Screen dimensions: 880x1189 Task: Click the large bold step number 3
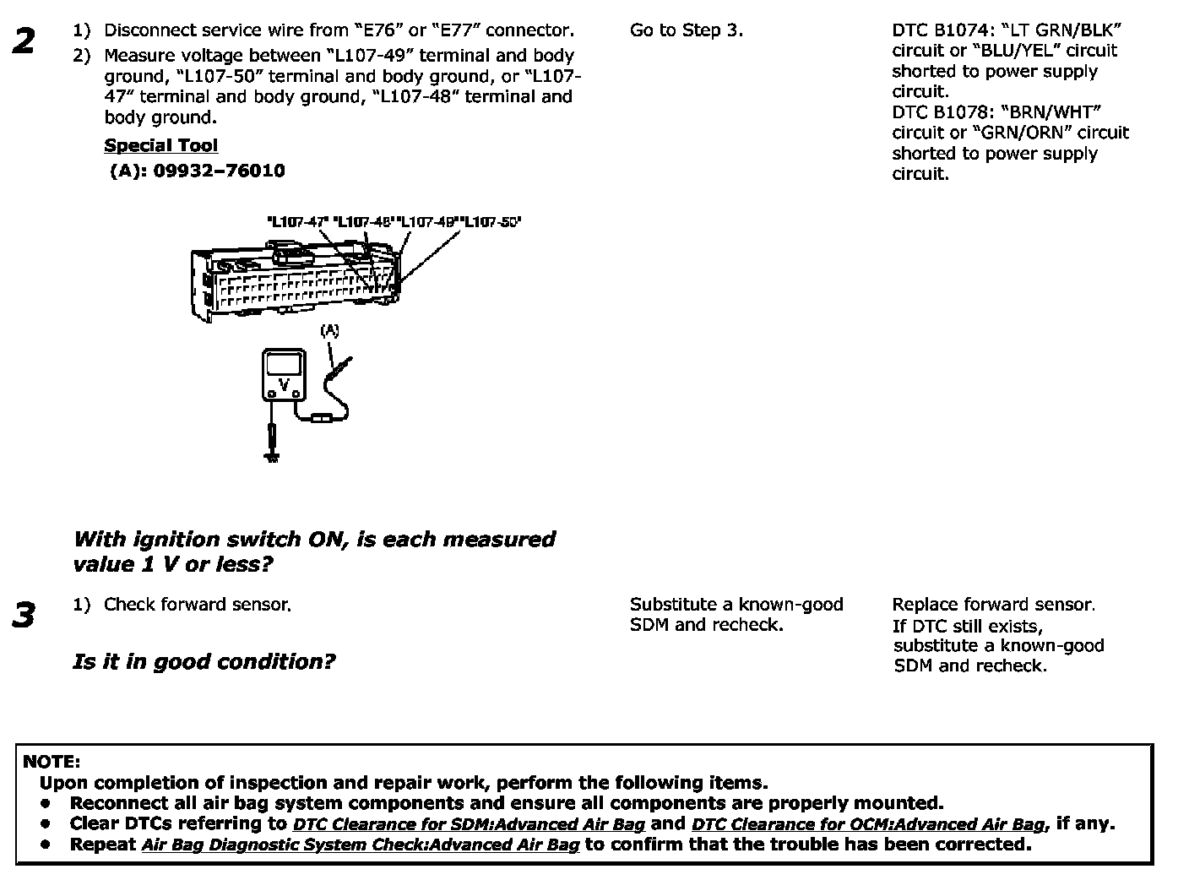pos(24,615)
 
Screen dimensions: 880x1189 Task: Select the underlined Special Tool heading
pos(160,145)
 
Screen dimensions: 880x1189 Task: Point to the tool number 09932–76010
pos(219,171)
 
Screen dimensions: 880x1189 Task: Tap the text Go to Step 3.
pos(687,30)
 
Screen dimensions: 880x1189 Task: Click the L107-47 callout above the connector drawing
pos(297,222)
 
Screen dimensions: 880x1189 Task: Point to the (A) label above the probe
pos(329,331)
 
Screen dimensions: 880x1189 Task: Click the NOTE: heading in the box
pos(52,762)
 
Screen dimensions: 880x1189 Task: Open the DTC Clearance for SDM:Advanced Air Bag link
pos(469,824)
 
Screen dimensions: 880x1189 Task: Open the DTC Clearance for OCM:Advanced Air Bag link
pos(868,824)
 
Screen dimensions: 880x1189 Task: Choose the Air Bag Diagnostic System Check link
pos(361,845)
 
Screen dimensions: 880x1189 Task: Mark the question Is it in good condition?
pos(204,661)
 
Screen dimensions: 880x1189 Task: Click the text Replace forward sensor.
pos(993,605)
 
